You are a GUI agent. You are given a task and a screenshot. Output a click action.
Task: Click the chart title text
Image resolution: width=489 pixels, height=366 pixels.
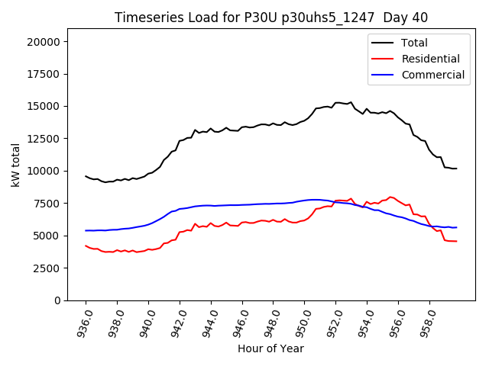(x=271, y=18)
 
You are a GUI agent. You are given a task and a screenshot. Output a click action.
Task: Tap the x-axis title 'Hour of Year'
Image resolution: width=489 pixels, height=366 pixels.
(x=270, y=348)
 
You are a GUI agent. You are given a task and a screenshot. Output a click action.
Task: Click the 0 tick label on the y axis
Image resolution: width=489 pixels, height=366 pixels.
(x=57, y=300)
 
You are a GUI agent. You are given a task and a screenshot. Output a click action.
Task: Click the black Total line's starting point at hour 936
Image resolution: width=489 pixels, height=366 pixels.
(x=86, y=176)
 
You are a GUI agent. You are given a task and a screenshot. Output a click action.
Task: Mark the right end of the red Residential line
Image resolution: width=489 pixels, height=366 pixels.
(x=456, y=241)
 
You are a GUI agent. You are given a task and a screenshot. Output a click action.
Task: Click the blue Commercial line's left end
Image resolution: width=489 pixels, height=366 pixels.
(x=86, y=230)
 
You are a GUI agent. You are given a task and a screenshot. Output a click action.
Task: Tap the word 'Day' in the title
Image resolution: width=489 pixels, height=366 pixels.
(x=393, y=18)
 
